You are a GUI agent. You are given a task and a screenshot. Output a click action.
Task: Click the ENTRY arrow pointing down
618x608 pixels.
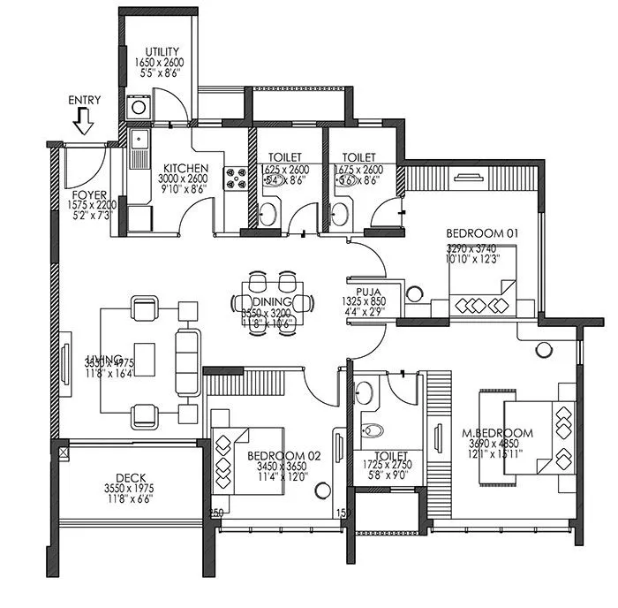84,121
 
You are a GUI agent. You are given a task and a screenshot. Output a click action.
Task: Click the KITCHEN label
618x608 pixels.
185,169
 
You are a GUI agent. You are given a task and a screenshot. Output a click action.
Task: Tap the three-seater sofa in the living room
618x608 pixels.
187,361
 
